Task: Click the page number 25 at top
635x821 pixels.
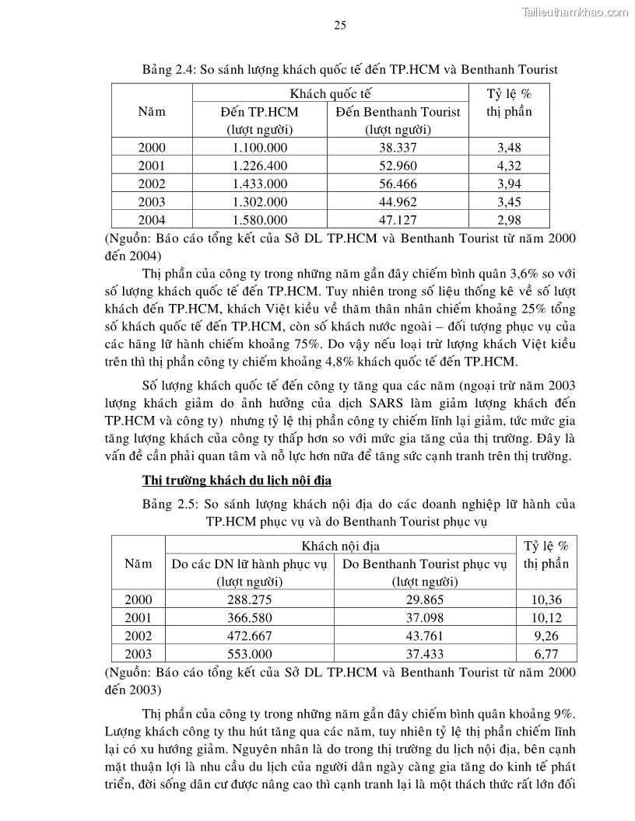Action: point(340,25)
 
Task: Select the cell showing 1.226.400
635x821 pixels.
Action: point(260,166)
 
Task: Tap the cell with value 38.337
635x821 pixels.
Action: point(398,147)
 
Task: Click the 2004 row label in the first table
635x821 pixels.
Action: point(152,220)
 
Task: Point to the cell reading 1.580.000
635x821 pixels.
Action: point(260,220)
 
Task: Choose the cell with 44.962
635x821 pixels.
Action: point(398,202)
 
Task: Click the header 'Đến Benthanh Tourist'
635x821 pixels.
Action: point(398,112)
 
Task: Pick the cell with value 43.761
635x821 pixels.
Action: point(424,636)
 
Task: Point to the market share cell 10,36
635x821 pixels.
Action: point(546,599)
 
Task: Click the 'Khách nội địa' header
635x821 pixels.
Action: point(340,547)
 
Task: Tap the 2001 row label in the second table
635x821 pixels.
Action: point(139,618)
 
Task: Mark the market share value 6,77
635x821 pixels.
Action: point(546,655)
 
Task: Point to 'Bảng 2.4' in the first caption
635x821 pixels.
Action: point(167,69)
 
